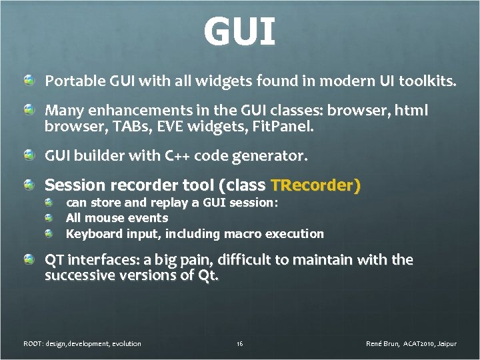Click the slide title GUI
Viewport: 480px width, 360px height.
(239, 31)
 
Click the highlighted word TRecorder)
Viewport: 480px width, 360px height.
(314, 185)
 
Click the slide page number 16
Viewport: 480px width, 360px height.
(239, 343)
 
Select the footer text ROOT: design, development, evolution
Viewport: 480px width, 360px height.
(82, 343)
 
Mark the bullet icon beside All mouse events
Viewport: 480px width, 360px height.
(49, 218)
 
